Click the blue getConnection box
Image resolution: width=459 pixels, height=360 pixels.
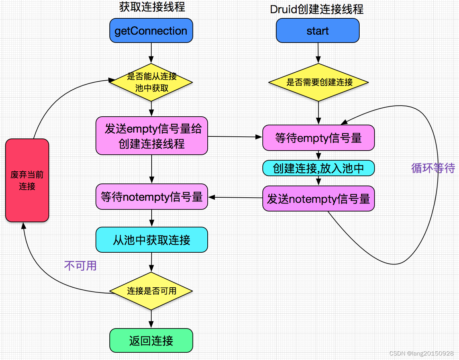point(151,31)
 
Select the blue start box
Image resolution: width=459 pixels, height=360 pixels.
point(317,31)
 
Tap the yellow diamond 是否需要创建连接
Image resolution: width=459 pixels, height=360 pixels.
point(318,82)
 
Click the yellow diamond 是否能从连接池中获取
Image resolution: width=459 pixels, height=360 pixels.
point(151,82)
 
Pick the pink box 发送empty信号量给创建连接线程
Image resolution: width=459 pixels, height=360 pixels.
point(152,136)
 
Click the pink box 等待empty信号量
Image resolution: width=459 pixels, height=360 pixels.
point(318,138)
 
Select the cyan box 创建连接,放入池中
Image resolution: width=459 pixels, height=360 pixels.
point(318,168)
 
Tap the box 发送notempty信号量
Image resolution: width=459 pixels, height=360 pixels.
point(318,199)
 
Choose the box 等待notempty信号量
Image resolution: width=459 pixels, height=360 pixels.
point(152,197)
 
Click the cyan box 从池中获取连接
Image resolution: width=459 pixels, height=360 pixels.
point(152,240)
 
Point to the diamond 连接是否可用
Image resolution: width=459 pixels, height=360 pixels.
point(151,291)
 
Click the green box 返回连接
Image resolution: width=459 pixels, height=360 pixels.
point(151,341)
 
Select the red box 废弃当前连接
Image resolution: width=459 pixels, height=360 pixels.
point(27,180)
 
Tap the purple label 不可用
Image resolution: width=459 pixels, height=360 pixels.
point(80,266)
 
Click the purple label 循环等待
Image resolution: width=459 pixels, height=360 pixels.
point(433,168)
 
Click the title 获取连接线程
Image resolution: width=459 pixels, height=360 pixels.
point(152,7)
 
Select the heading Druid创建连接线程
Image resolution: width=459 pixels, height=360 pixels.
point(317,9)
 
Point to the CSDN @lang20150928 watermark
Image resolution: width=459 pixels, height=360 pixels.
point(421,353)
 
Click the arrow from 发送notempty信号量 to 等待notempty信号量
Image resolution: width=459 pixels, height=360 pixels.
point(235,197)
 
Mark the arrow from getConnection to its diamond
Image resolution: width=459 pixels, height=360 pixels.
point(151,53)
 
